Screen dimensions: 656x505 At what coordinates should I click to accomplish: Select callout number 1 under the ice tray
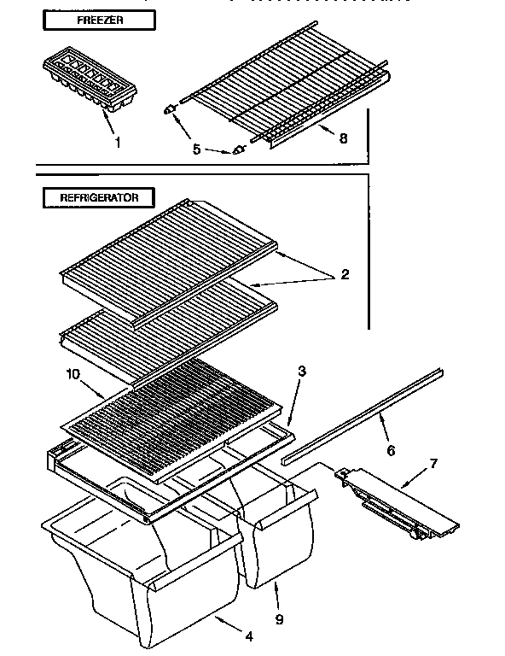(117, 143)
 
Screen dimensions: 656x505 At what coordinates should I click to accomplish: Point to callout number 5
(197, 149)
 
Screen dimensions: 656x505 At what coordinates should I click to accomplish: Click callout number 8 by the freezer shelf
(343, 138)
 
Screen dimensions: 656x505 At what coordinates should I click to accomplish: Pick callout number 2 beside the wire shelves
(344, 274)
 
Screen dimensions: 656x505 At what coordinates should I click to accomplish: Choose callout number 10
(73, 373)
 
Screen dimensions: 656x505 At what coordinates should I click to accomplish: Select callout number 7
(432, 464)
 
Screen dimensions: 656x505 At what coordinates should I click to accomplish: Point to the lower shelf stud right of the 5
(238, 149)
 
